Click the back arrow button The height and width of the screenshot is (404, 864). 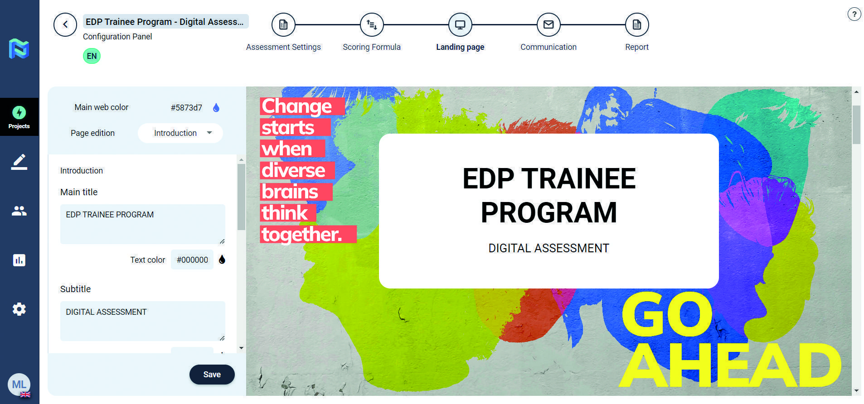coord(65,24)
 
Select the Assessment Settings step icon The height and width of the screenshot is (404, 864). coord(283,24)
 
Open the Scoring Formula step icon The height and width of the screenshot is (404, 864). coord(372,24)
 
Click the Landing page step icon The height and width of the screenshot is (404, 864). coord(460,24)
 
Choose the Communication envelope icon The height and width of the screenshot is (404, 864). coord(548,24)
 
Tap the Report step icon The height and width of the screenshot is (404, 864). coord(637,24)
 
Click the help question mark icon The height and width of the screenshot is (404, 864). coord(854,14)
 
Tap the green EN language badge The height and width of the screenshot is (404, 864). coord(92,56)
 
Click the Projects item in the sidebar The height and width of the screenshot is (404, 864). coord(19,117)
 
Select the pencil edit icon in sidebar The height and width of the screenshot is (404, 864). coord(19,162)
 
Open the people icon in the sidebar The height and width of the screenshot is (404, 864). coord(19,211)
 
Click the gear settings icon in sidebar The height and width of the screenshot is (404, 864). coord(19,309)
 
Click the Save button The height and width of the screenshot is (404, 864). coord(212,375)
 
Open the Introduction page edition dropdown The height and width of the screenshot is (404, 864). coord(180,133)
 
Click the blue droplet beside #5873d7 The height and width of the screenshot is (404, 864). coord(216,108)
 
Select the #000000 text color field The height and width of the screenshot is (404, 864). coord(192,260)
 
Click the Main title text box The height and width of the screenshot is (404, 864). coord(143,224)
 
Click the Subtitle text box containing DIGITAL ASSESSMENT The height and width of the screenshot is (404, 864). coord(143,321)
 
